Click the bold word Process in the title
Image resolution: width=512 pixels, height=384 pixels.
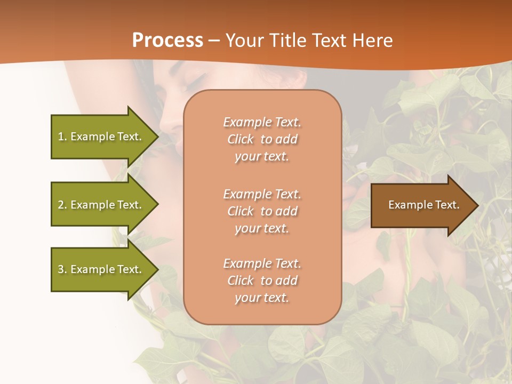[x=167, y=41]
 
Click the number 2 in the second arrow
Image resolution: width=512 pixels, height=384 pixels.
[x=61, y=205]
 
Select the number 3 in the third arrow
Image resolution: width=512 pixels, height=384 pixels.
[x=61, y=269]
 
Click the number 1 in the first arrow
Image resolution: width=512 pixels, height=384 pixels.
[x=61, y=137]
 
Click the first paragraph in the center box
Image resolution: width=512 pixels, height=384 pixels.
[x=262, y=139]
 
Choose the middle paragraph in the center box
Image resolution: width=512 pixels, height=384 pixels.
[x=262, y=211]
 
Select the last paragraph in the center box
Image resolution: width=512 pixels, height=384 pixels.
[x=262, y=281]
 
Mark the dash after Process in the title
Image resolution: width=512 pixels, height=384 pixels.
[x=214, y=41]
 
